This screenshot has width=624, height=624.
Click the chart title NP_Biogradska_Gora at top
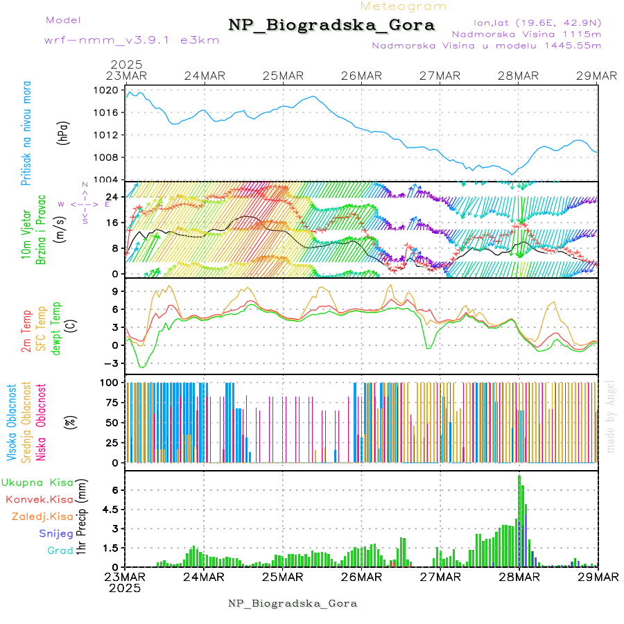pos(331,26)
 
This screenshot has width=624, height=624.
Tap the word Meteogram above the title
pos(404,6)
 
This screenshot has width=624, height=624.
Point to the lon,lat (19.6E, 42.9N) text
pos(537,22)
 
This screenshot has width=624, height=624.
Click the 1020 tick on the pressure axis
pos(107,90)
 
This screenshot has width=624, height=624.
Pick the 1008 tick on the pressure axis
pos(107,157)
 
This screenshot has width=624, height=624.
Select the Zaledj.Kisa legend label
pos(42,517)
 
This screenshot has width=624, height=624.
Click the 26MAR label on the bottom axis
pos(361,577)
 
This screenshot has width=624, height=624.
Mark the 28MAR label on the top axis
pos(519,76)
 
